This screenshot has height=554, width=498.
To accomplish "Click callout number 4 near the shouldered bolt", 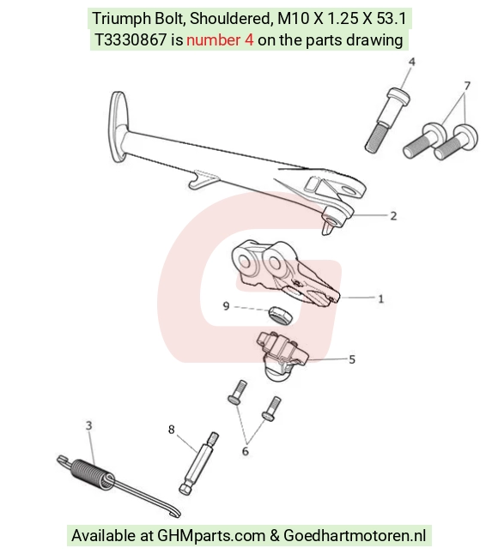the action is point(411,63).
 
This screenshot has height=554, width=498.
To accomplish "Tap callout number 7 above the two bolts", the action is point(467,86).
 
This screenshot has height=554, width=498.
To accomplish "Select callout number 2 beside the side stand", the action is point(393,216).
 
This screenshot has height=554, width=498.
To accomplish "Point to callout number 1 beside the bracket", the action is point(380,299).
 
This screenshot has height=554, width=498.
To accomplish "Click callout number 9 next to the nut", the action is point(227,305).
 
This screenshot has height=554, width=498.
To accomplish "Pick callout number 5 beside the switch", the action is point(352,359).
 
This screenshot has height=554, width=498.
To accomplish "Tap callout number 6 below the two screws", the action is point(245,451).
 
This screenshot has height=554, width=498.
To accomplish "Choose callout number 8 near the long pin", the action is point(172,430).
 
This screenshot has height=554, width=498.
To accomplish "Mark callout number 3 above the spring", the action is point(88,425).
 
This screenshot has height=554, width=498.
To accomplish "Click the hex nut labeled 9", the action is point(280,315).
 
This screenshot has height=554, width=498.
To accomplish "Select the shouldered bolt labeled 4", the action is point(387,119).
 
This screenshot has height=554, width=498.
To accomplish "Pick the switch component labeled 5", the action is point(282,356).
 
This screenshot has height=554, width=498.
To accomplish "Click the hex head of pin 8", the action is point(186,489).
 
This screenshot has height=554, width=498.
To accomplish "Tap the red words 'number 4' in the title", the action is point(220,40).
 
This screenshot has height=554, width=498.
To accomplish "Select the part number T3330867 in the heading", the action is point(131,40).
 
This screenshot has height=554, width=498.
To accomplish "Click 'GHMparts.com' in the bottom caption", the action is point(211,536).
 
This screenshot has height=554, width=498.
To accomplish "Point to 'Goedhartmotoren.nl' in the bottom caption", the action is point(355,536).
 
